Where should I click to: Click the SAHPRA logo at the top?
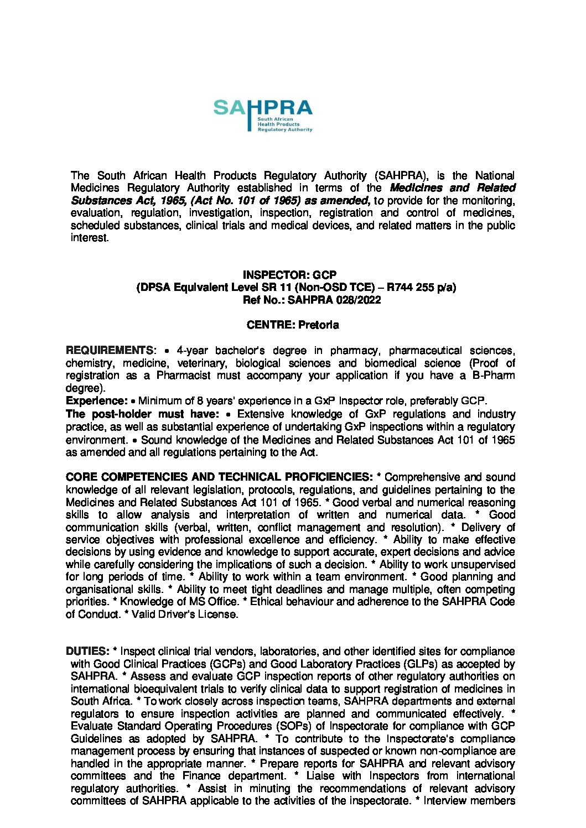(263, 115)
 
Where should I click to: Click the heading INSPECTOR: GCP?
(289, 275)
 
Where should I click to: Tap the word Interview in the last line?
(444, 801)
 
